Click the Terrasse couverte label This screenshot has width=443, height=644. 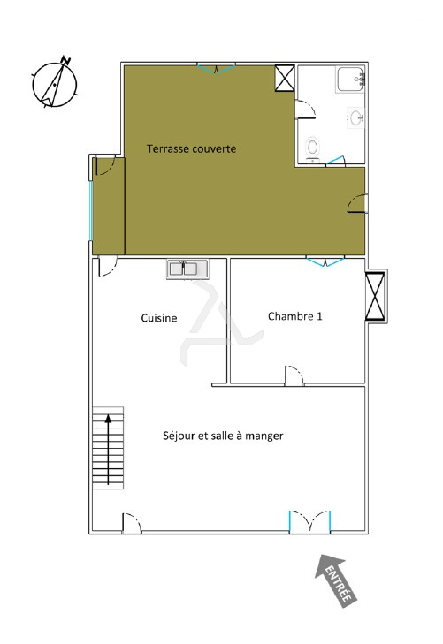192,148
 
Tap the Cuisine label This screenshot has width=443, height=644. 159,318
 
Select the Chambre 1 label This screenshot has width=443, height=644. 295,316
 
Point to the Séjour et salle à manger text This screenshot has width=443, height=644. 223,436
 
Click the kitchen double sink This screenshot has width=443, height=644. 187,269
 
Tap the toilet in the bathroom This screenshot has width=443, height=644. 313,148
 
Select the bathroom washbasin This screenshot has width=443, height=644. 356,117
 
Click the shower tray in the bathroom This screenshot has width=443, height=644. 350,80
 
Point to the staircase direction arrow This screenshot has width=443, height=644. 109,450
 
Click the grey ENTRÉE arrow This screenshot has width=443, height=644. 336,580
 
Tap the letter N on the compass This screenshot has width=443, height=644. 65,60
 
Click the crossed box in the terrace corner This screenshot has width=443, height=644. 285,78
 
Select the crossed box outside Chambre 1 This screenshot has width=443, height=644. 375,296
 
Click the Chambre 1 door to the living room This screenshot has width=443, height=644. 294,375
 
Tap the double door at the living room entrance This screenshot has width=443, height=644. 309,521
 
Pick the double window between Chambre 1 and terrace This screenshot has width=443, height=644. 325,261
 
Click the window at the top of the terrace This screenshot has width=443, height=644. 216,69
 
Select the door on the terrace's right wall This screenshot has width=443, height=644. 357,203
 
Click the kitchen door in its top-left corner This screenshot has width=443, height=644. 108,266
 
